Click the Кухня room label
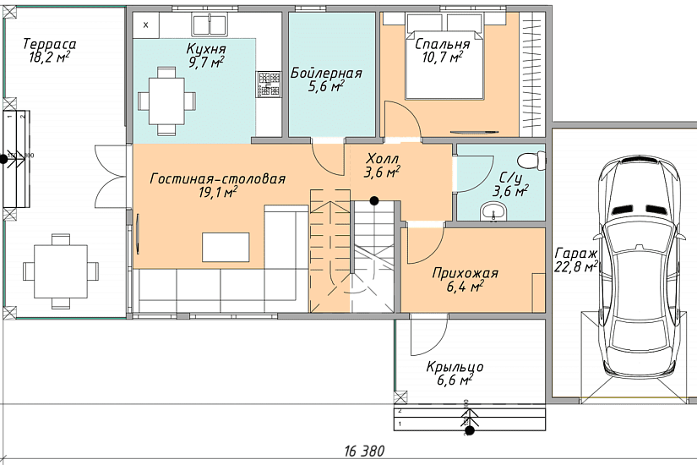pyautogui.click(x=206, y=48)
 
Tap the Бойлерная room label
pyautogui.click(x=326, y=73)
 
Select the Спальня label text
pyautogui.click(x=443, y=45)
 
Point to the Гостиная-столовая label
pyautogui.click(x=218, y=179)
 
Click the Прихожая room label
pyautogui.click(x=465, y=273)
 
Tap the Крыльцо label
pyautogui.click(x=455, y=368)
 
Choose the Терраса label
pyautogui.click(x=49, y=44)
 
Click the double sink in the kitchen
pyautogui.click(x=209, y=24)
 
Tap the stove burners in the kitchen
pyautogui.click(x=269, y=85)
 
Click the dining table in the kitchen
pyautogui.click(x=166, y=101)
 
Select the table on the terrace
pyautogui.click(x=61, y=271)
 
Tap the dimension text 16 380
pyautogui.click(x=364, y=451)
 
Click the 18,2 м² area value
pyautogui.click(x=49, y=57)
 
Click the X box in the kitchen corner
pyautogui.click(x=146, y=25)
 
